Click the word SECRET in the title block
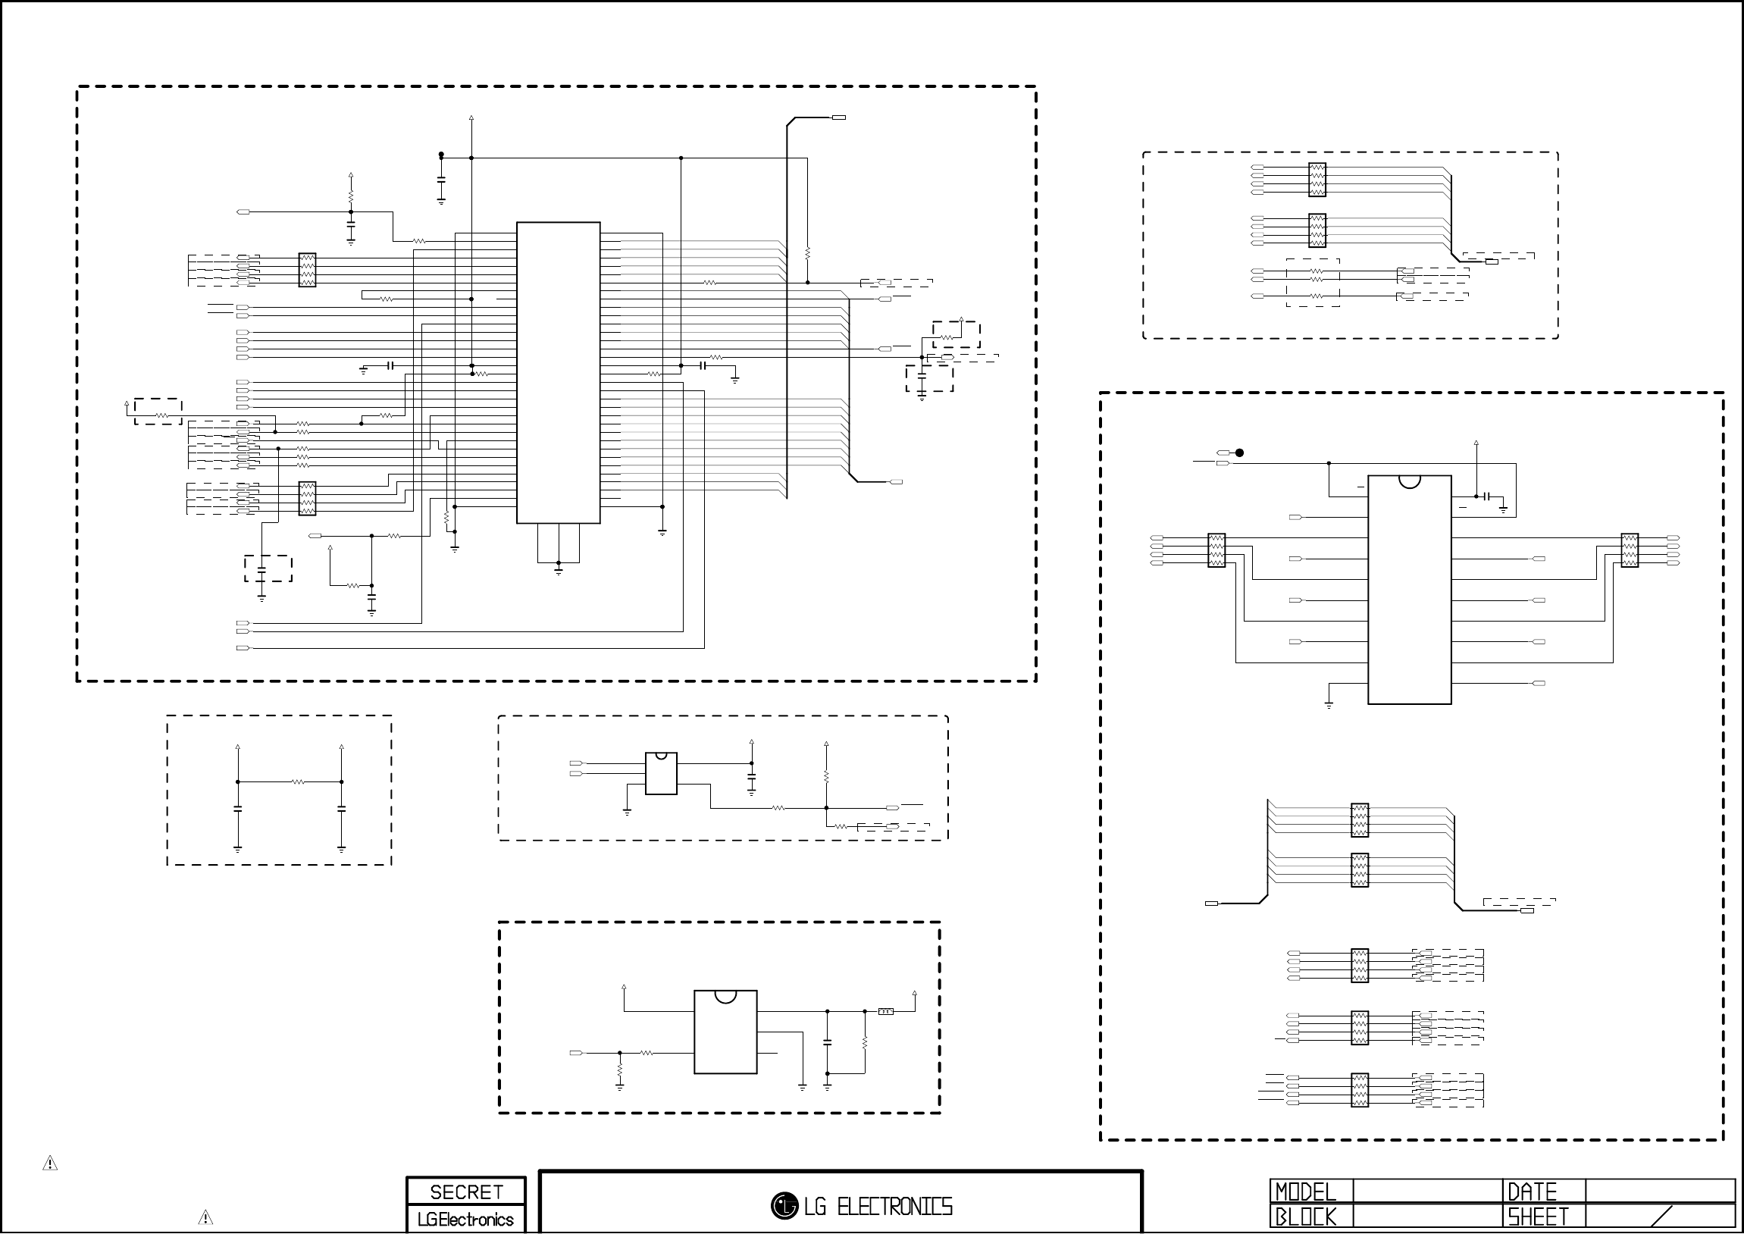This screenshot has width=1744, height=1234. [x=465, y=1192]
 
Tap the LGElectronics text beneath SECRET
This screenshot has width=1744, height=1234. [x=465, y=1220]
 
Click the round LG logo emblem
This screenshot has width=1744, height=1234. [x=784, y=1206]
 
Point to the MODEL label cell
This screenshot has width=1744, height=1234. [x=1305, y=1192]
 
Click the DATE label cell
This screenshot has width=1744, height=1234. [x=1532, y=1192]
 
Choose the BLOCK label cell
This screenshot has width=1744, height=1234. [x=1305, y=1217]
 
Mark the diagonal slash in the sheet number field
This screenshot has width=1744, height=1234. [x=1662, y=1216]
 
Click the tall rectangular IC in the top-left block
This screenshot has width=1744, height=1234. [x=559, y=372]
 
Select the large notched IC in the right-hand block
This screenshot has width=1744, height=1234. [x=1409, y=590]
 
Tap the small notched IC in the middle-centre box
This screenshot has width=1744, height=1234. [x=661, y=774]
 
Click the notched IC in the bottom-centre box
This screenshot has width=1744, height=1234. [x=725, y=1032]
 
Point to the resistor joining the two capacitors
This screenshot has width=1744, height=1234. [x=298, y=782]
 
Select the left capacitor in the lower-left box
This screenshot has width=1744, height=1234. [x=238, y=811]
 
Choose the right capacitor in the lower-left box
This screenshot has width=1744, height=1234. [x=342, y=811]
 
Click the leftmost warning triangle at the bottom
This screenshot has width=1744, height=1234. [x=50, y=1164]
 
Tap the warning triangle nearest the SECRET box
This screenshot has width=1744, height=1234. [x=205, y=1217]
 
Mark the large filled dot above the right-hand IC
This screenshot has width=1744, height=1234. [x=1240, y=453]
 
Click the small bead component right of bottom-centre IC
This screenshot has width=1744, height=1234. [x=886, y=1011]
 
